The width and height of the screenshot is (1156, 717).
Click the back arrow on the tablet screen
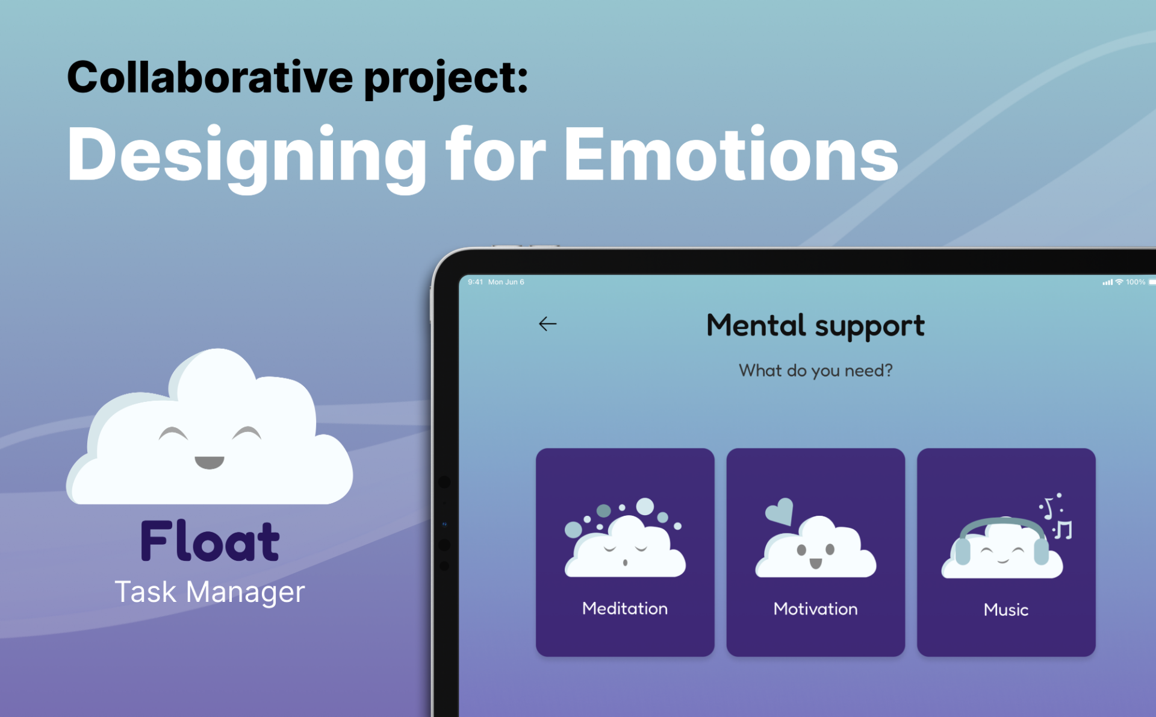point(547,324)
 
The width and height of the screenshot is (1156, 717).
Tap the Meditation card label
point(625,609)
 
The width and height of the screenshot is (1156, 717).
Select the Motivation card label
point(815,609)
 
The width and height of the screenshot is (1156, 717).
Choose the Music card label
point(1006,610)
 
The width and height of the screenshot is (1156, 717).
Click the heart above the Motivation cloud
point(779,512)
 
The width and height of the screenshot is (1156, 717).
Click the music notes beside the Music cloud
point(1057,517)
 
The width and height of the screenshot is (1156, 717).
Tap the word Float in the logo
point(210,540)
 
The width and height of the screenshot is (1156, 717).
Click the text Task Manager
point(210,592)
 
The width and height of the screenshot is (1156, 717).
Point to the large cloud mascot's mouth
point(210,462)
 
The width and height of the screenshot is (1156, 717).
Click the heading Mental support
point(815,327)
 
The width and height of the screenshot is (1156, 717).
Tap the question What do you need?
point(816,371)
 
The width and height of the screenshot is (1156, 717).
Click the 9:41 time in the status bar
point(475,282)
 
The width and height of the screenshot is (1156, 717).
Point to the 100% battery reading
point(1136,282)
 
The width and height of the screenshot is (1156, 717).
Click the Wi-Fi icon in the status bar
point(1119,282)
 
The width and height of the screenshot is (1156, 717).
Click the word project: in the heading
point(446,79)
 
